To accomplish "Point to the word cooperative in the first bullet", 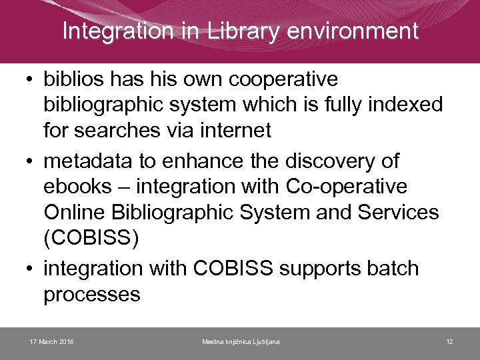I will (x=283, y=79).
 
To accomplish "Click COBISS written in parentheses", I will (x=91, y=238).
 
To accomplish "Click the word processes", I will (x=92, y=294).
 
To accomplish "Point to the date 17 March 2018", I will (x=52, y=342).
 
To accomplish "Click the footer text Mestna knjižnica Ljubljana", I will (x=241, y=342).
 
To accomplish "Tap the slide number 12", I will (x=450, y=342).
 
